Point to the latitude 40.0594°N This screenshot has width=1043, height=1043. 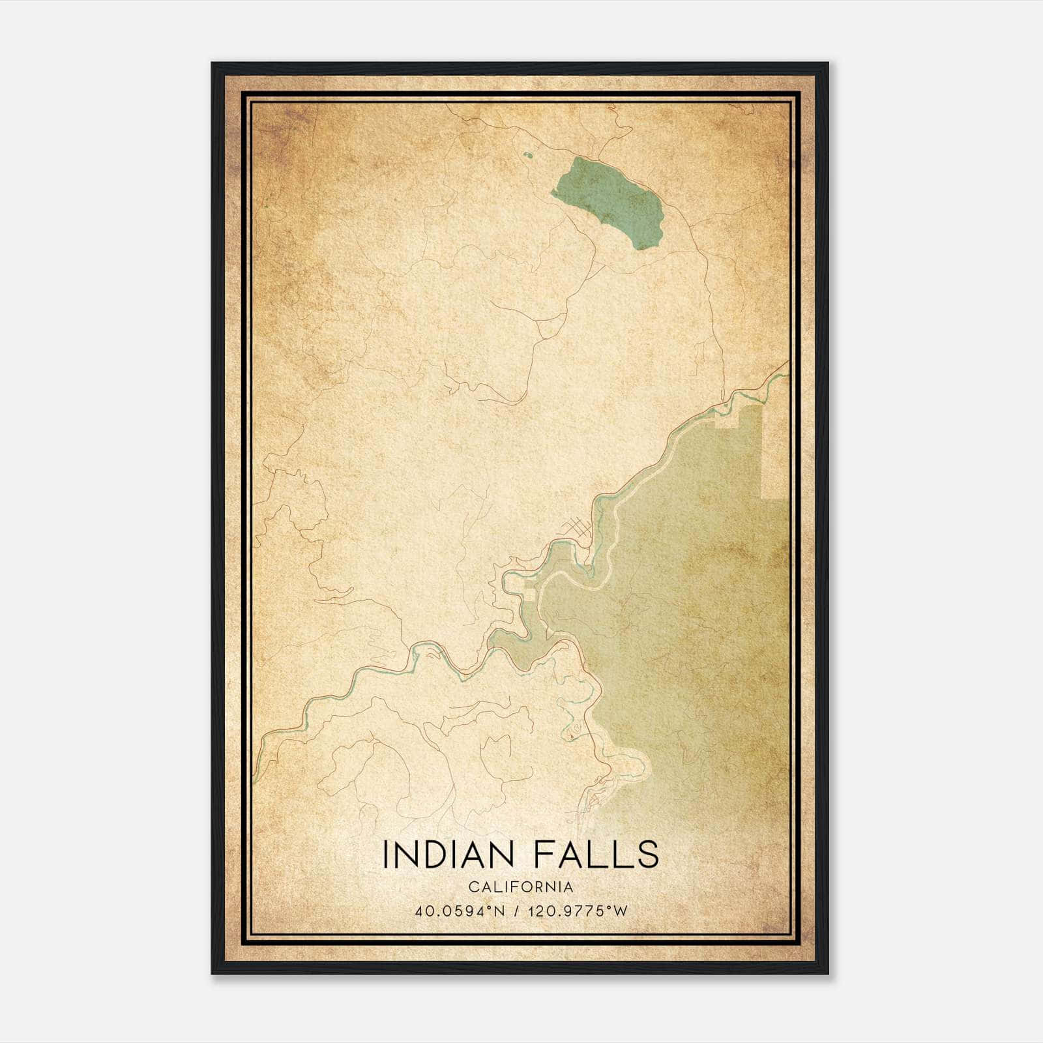tap(460, 911)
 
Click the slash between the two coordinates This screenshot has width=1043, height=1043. tap(516, 911)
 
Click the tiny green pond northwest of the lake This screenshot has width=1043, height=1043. tap(527, 156)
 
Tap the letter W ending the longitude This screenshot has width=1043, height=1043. tap(622, 911)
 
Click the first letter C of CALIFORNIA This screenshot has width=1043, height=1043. tap(473, 887)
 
